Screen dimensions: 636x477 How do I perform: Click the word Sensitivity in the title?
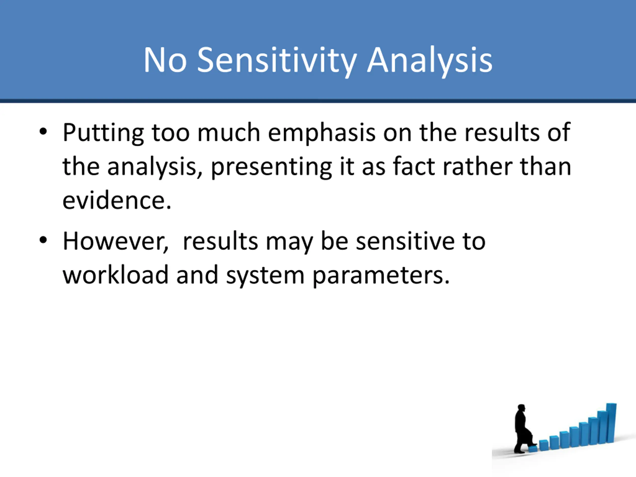tap(277, 61)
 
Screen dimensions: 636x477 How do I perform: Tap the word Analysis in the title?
tap(430, 61)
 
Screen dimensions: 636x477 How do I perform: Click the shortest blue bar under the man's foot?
tap(533, 448)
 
